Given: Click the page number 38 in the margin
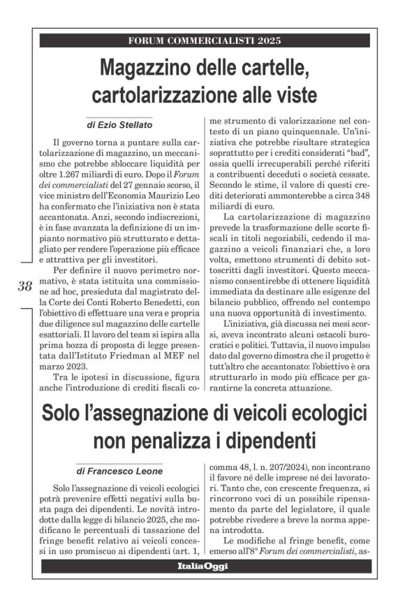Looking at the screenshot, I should [24, 285].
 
